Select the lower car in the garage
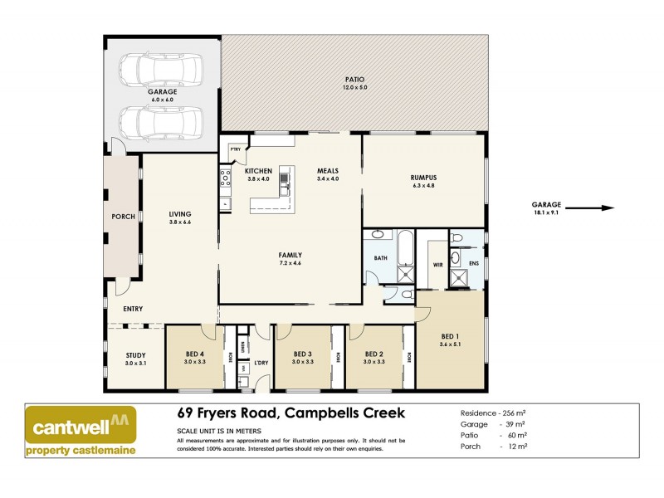click(x=161, y=121)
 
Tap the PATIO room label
click(x=354, y=80)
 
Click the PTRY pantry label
click(x=235, y=149)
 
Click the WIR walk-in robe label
click(x=437, y=266)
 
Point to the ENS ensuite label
click(x=474, y=265)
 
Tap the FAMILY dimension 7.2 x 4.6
click(x=290, y=263)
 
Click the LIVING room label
click(x=180, y=214)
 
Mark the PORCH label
click(x=123, y=217)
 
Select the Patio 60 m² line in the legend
click(x=496, y=435)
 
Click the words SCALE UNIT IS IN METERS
click(x=220, y=431)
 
